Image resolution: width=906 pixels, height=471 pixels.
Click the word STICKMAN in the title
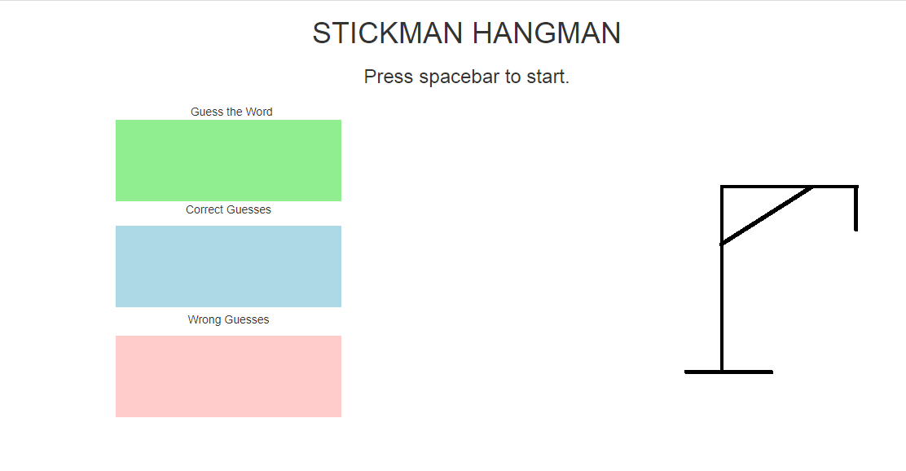pos(387,33)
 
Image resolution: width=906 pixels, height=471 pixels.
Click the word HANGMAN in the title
pos(547,33)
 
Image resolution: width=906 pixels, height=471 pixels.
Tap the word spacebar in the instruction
pos(460,77)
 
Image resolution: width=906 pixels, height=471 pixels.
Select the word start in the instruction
pos(548,77)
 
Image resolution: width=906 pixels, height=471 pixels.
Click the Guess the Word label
pos(231,112)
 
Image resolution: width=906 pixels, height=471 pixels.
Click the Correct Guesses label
pos(228,209)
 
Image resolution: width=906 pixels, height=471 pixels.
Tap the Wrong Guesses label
pos(228,319)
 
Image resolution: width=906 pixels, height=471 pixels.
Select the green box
pos(228,161)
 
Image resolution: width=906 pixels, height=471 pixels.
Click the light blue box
pos(228,266)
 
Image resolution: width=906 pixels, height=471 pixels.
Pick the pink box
pos(228,376)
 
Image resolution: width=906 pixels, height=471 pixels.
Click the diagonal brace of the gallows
pos(767,216)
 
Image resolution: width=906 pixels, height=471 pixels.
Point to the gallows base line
pos(728,372)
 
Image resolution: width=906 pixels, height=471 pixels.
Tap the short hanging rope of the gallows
pos(855,209)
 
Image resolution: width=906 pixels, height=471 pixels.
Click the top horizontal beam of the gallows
pos(789,187)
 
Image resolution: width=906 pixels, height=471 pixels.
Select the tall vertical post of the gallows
pos(722,279)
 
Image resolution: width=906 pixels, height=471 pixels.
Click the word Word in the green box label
pos(259,112)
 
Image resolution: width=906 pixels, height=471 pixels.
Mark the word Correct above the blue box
pos(204,209)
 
